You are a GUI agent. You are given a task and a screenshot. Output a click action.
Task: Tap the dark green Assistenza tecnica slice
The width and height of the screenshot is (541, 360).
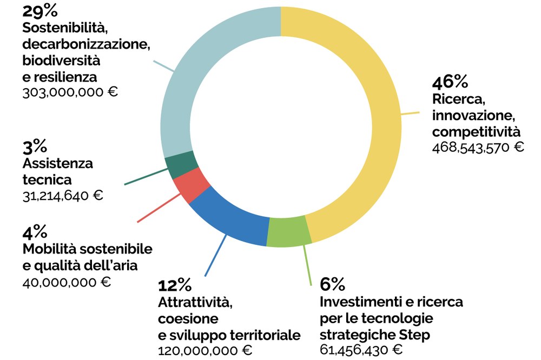(x=177, y=166)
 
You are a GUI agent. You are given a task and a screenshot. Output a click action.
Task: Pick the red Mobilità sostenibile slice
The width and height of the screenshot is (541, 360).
(x=192, y=186)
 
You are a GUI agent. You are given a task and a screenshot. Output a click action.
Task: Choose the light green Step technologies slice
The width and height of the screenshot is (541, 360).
(x=289, y=231)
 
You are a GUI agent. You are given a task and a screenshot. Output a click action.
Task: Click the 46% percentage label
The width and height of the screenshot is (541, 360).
(x=450, y=83)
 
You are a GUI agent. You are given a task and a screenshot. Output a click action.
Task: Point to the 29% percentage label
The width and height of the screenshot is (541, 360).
(x=40, y=11)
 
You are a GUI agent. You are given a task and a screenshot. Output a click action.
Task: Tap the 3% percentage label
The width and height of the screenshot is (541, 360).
(x=35, y=146)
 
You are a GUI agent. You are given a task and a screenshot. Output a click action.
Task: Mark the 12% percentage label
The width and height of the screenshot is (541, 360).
(x=174, y=284)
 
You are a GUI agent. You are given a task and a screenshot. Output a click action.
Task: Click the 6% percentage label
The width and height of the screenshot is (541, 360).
(x=332, y=284)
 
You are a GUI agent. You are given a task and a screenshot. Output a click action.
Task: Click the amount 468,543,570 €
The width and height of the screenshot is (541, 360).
(x=478, y=147)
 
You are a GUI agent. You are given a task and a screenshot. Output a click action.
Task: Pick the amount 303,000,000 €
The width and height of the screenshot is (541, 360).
(x=70, y=92)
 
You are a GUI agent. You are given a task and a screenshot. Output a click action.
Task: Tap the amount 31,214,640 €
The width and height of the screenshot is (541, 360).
(x=63, y=195)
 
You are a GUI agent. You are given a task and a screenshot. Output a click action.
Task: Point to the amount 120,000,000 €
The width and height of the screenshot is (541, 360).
(x=205, y=350)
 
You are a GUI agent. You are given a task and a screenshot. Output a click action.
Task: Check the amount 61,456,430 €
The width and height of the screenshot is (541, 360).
(x=361, y=350)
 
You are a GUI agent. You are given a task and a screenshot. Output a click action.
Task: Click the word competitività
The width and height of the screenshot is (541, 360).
(x=476, y=131)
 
